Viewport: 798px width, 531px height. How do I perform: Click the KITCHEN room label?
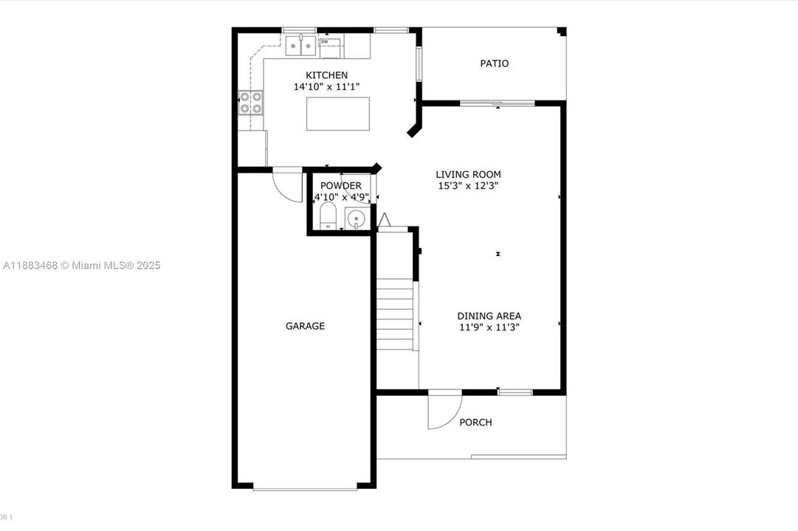coord(326,75)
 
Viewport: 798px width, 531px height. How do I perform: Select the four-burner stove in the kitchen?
coord(250,102)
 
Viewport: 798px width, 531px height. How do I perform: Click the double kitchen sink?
coord(300,46)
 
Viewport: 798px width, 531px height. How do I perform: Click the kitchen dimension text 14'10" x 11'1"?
coord(326,87)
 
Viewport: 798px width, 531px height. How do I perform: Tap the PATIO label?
coord(494,63)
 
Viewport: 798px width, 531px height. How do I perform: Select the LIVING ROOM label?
coord(468,175)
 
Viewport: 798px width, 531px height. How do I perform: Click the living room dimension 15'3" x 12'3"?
coord(468,187)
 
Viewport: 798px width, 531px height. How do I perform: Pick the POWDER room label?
coord(341,186)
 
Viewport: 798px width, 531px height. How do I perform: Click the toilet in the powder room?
coord(328,217)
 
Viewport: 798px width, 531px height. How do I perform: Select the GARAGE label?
coord(305,326)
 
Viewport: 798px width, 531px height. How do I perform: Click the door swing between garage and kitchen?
coord(286,184)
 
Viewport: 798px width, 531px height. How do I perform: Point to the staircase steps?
coord(395,314)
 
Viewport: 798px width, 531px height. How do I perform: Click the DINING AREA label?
coord(489,316)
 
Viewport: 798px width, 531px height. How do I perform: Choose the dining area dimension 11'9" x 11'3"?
coord(489,328)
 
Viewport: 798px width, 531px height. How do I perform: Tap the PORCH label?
coord(475,423)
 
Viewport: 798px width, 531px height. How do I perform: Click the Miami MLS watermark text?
coord(81,265)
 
